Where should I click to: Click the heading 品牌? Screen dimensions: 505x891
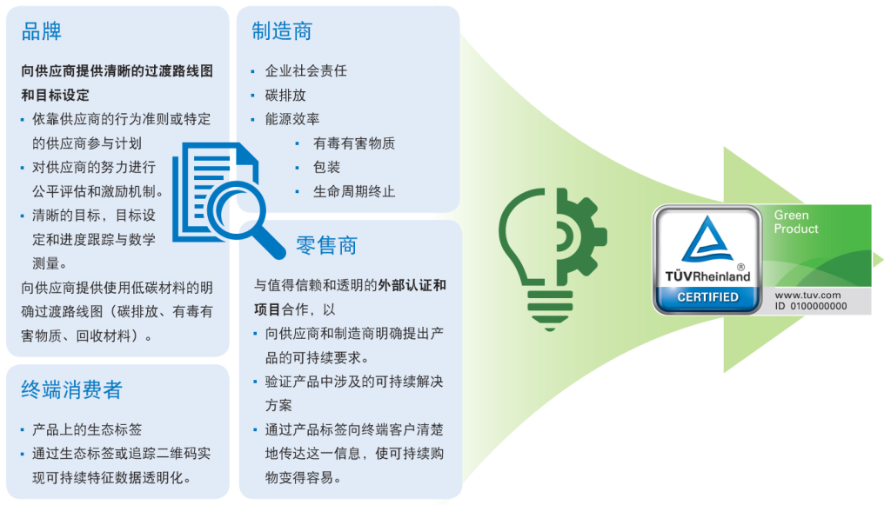click(42, 33)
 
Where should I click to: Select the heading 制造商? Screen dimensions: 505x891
click(281, 32)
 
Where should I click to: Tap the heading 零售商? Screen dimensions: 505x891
click(326, 245)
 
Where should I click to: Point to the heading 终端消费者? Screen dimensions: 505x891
click(71, 390)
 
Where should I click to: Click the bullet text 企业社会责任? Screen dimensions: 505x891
click(305, 70)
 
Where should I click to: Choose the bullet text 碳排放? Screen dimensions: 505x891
click(285, 95)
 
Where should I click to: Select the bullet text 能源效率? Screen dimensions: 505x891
click(293, 119)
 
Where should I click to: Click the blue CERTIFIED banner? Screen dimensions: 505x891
click(707, 297)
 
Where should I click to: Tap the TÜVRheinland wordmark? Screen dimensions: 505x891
click(707, 276)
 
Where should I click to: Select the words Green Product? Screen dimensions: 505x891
click(796, 222)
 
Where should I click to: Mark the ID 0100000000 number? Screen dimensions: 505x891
click(810, 306)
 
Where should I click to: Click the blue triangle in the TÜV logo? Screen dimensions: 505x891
click(707, 238)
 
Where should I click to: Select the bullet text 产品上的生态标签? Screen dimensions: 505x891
click(87, 429)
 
